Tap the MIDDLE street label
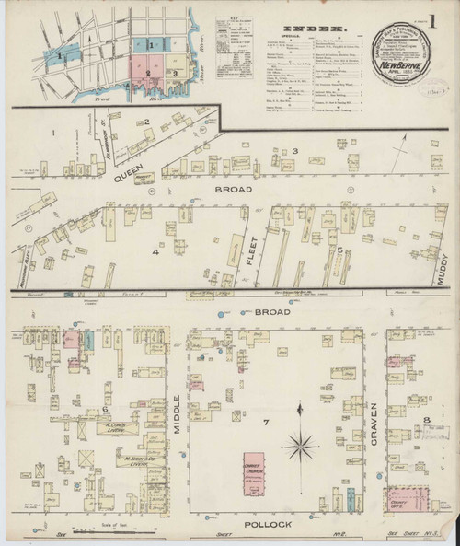point(177,412)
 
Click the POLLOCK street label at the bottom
point(269,524)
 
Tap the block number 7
point(265,423)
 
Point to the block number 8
point(427,422)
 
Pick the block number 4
point(156,250)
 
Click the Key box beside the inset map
point(226,51)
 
